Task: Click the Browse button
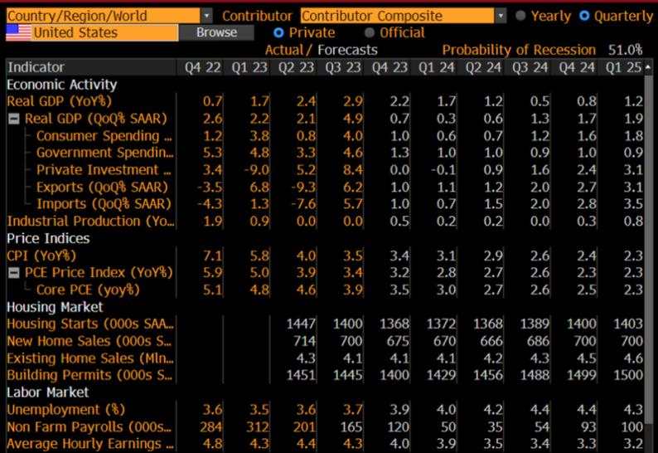[217, 32]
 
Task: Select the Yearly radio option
[520, 16]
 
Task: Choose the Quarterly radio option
[585, 16]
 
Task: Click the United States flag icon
[19, 32]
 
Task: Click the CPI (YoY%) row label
[41, 256]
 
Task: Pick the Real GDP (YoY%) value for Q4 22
[213, 101]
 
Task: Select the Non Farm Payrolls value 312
[258, 426]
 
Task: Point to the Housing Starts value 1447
[299, 324]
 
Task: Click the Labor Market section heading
[47, 392]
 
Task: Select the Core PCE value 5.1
[213, 290]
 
